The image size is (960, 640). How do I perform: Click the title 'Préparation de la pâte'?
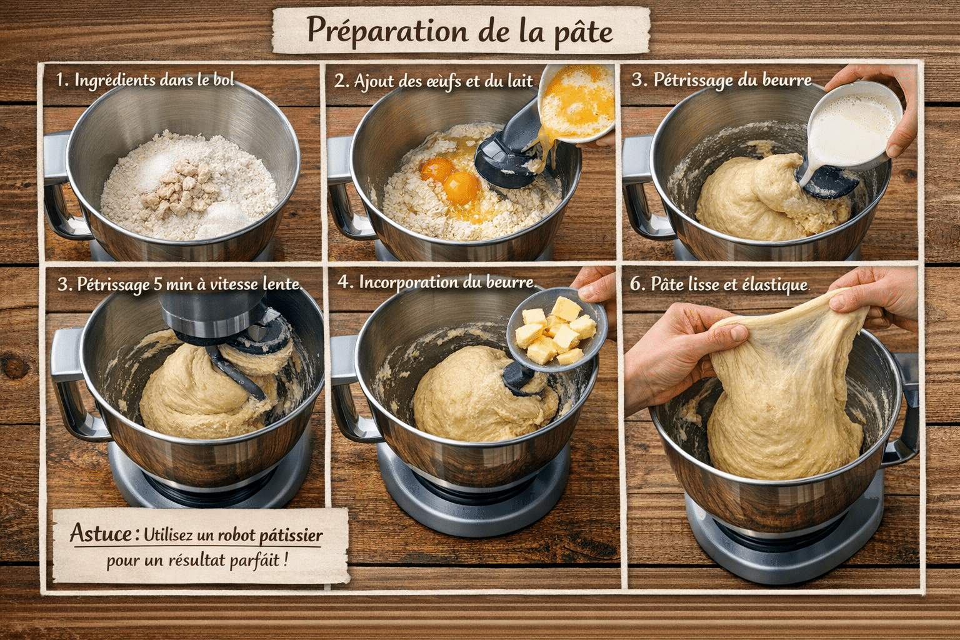click(x=460, y=30)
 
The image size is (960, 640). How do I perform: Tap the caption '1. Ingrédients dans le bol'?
click(x=145, y=80)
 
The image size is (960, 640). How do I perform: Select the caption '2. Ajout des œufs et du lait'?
click(x=433, y=81)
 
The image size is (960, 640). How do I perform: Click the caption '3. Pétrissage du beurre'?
click(x=721, y=80)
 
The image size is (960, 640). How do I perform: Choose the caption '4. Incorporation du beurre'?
click(x=436, y=282)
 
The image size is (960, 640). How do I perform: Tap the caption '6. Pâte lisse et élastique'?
click(x=719, y=284)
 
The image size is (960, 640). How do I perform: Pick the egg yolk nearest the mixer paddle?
click(x=462, y=186)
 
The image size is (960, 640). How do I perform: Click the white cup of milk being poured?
click(x=853, y=125)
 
